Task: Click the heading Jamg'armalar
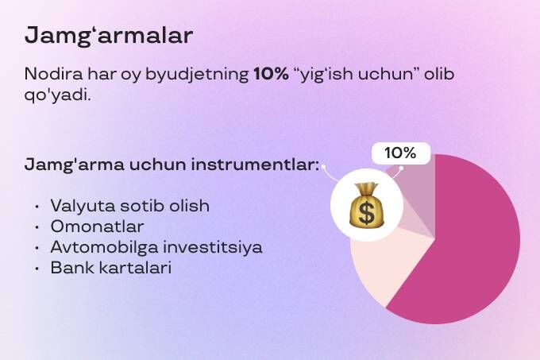point(109,36)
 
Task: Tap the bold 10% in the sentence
point(271,74)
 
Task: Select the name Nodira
point(53,74)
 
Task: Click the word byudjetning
point(197,75)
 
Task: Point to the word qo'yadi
point(57,95)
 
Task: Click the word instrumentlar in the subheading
point(255,165)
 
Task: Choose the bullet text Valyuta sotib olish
point(129,206)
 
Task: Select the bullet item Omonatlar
point(97,226)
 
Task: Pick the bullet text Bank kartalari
point(111,268)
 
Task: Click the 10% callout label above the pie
point(401,153)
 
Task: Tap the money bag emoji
point(366,205)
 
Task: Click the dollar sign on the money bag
point(366,212)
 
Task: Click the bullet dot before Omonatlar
point(37,227)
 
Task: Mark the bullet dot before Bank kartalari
point(37,269)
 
